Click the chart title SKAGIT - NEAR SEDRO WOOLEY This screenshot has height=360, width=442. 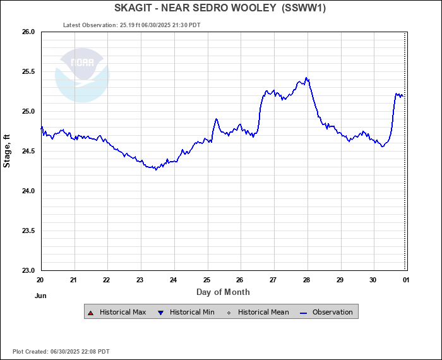pyautogui.click(x=193, y=8)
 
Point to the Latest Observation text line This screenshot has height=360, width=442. pyautogui.click(x=132, y=25)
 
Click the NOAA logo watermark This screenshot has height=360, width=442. pyautogui.click(x=82, y=75)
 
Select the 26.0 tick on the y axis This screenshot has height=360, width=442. pyautogui.click(x=27, y=32)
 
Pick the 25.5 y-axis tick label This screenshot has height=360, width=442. pyautogui.click(x=27, y=71)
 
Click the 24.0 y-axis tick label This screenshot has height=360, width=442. pyautogui.click(x=27, y=191)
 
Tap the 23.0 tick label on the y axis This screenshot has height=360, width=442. pyautogui.click(x=27, y=270)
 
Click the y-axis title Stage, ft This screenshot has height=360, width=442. pyautogui.click(x=7, y=150)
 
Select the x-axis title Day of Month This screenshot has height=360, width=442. pyautogui.click(x=223, y=292)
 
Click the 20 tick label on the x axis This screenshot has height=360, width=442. pyautogui.click(x=40, y=280)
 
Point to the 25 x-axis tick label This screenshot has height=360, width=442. pyautogui.click(x=206, y=280)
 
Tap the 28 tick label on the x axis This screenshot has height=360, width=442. pyautogui.click(x=306, y=280)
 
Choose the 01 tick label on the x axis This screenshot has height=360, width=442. pyautogui.click(x=405, y=280)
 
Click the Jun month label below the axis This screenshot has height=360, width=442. pyautogui.click(x=41, y=295)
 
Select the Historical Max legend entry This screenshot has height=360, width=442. pyautogui.click(x=118, y=312)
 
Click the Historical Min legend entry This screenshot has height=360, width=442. pyautogui.click(x=188, y=312)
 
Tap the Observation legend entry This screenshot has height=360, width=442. pyautogui.click(x=328, y=312)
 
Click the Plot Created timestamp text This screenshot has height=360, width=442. pyautogui.click(x=61, y=351)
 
